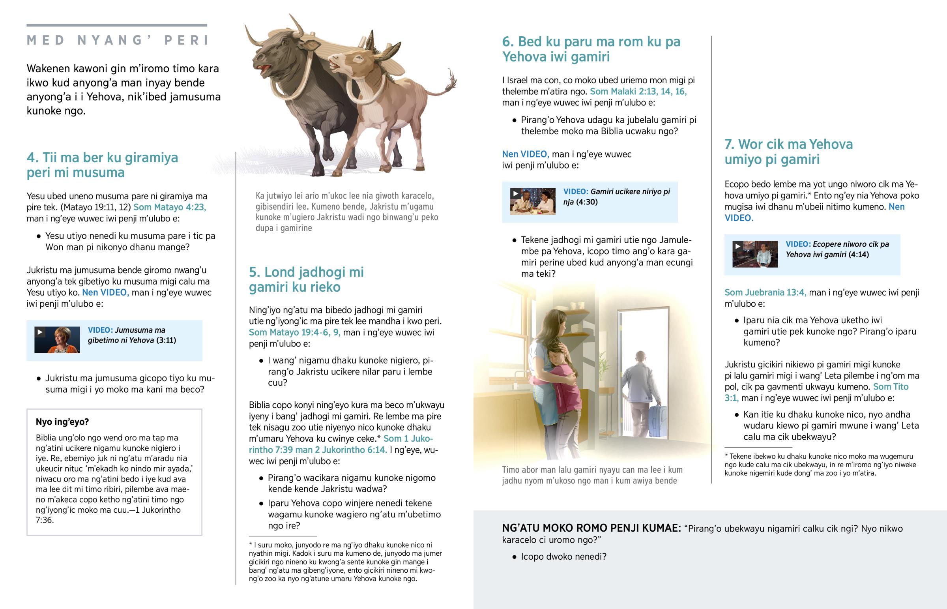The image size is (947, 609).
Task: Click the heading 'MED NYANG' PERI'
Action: click(117, 40)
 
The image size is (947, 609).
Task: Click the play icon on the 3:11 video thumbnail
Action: click(40, 332)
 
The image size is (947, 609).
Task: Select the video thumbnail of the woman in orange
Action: click(58, 340)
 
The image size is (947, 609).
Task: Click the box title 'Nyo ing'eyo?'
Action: click(62, 422)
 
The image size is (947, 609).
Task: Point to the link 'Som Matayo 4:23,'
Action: click(170, 207)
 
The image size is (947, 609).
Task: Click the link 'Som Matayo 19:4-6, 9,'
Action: click(294, 333)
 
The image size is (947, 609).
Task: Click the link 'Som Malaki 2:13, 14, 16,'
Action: click(638, 92)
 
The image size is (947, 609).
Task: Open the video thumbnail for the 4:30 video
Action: click(533, 201)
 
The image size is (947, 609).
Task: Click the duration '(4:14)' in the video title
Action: click(859, 255)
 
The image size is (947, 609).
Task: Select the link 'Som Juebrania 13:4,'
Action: click(765, 292)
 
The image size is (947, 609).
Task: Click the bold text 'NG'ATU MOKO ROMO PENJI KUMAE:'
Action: click(591, 528)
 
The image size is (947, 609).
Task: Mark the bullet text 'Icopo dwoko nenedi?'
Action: click(563, 557)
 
